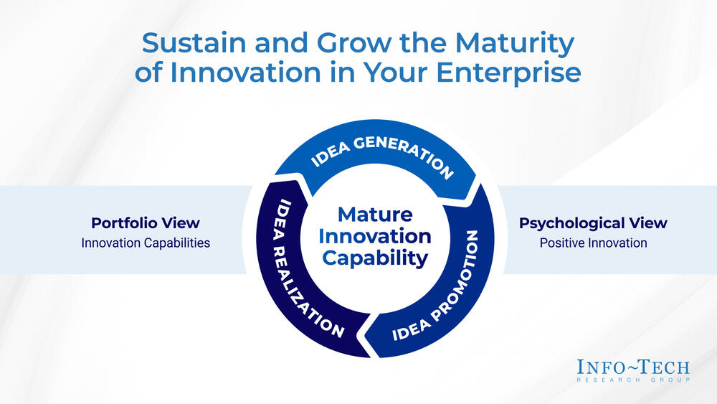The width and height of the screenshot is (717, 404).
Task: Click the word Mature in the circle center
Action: tap(375, 214)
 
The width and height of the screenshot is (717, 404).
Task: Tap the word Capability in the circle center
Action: tap(375, 258)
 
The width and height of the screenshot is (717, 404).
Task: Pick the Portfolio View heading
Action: tap(146, 222)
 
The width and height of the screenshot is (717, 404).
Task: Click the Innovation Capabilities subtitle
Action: tap(146, 243)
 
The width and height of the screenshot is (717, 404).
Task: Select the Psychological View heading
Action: tap(593, 222)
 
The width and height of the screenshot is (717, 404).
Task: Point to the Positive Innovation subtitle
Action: tap(593, 243)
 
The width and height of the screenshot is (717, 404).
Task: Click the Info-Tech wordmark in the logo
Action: tap(633, 367)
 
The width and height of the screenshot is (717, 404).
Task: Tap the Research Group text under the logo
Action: tap(633, 380)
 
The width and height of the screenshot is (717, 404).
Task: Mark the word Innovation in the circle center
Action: tap(375, 235)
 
